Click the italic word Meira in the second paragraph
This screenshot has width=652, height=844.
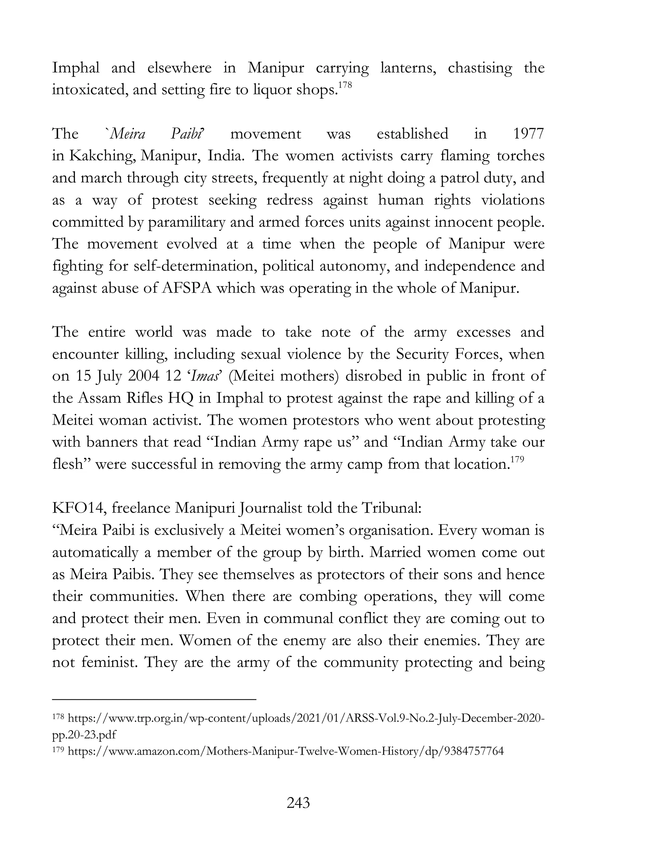(x=127, y=134)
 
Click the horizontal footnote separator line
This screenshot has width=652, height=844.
(x=154, y=699)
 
